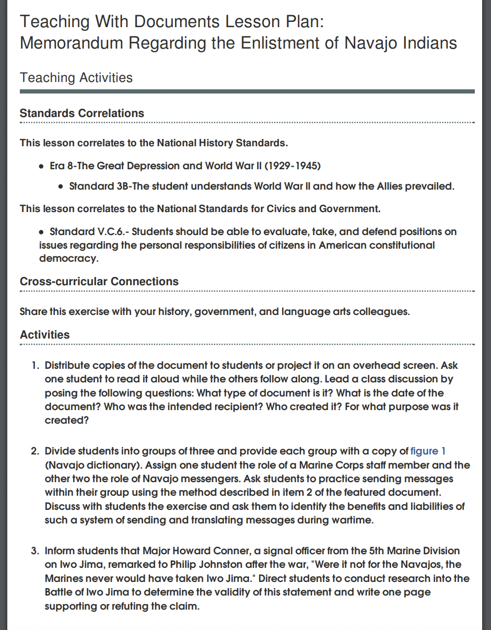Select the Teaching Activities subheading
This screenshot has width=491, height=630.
coord(76,78)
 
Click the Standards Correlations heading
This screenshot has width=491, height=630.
coord(82,113)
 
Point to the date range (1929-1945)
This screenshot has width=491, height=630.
coord(293,166)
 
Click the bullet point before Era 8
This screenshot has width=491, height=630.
coord(41,167)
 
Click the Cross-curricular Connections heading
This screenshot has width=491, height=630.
coord(99,282)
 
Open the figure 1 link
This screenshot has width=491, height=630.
coord(428,451)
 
